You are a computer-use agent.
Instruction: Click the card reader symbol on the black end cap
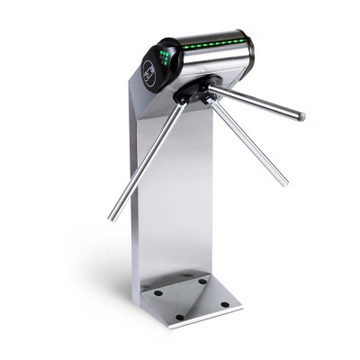tap(148, 71)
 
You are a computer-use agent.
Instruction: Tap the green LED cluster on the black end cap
tap(165, 58)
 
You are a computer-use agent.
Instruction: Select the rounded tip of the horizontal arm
tap(301, 117)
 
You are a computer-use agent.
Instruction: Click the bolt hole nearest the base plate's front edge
tap(179, 317)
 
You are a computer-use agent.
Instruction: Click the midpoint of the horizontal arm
tap(256, 103)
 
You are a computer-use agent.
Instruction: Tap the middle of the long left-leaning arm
tap(148, 157)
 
